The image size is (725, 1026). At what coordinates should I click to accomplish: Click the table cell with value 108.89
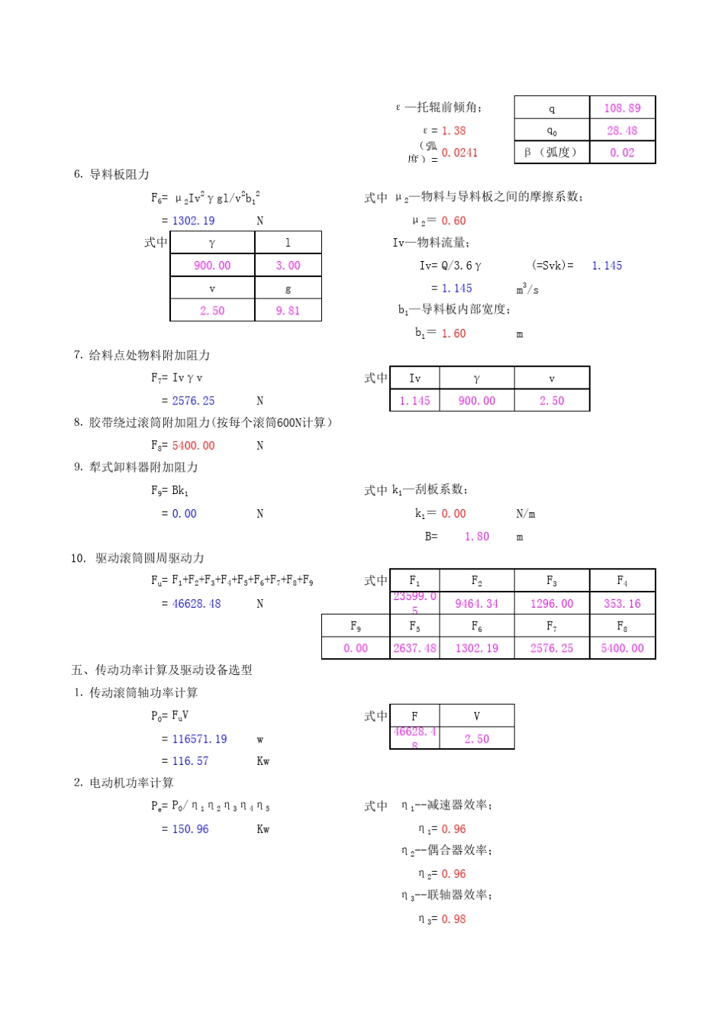[622, 108]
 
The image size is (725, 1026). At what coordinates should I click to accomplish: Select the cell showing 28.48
[622, 131]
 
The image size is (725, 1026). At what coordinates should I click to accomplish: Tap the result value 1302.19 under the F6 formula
[193, 221]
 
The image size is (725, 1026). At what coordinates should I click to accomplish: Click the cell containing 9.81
[288, 311]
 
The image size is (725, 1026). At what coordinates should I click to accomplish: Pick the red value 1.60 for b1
[453, 334]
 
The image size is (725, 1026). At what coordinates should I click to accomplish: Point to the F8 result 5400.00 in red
[193, 446]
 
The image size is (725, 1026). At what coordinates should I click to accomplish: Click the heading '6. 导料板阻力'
[111, 175]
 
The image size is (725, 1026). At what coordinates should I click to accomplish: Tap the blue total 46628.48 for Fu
[196, 604]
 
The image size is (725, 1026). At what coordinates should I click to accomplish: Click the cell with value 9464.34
[476, 604]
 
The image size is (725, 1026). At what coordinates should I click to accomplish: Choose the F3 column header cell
[551, 581]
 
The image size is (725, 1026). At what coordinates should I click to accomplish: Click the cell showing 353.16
[622, 604]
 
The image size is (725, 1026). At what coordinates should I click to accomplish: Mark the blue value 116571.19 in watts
[199, 739]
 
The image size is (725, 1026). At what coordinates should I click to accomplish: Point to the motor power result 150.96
[190, 829]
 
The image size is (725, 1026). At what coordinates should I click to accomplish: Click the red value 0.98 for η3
[453, 919]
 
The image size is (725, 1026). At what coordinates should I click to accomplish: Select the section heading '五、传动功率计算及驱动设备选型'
[162, 670]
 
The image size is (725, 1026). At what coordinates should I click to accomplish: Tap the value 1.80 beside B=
[476, 537]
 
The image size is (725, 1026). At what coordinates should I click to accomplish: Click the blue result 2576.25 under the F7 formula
[193, 401]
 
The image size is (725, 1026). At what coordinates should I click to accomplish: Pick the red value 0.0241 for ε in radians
[459, 153]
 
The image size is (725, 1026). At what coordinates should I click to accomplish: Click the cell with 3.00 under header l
[288, 266]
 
